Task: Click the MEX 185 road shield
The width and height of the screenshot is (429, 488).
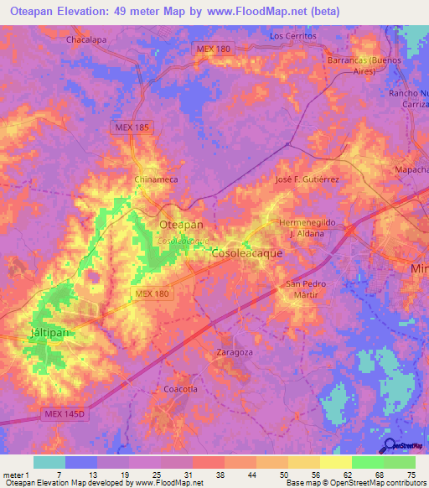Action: [x=130, y=127]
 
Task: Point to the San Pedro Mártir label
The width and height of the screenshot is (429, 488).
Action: [x=306, y=290]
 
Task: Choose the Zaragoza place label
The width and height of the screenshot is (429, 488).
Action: [x=235, y=352]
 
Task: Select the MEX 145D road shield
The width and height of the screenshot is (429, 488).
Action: [x=64, y=415]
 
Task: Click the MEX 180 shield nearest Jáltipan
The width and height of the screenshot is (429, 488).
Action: [x=151, y=291]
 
